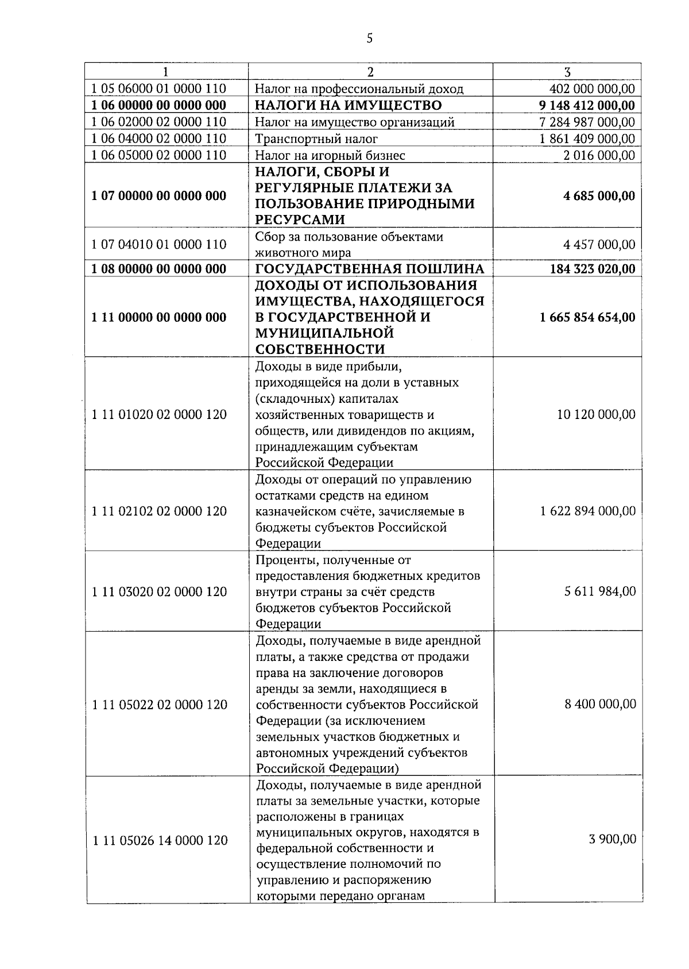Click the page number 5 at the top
coord(369,39)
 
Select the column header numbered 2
coord(370,72)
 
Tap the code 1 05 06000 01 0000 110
coord(159,89)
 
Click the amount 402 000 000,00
coord(592,89)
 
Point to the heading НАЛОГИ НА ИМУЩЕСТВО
coord(349,105)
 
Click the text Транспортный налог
coord(316,139)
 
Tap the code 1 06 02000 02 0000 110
coord(159,122)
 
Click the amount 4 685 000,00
coord(599,196)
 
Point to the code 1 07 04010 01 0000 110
coord(159,244)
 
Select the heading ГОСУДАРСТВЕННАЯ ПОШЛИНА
coord(370,269)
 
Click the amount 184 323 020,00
coord(592,269)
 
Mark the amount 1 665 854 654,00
coord(587,317)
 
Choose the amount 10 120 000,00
coord(596,414)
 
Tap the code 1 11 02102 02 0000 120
coord(160,511)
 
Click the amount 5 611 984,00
coord(600,591)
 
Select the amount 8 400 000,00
coord(600,705)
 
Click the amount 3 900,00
coord(612,839)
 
